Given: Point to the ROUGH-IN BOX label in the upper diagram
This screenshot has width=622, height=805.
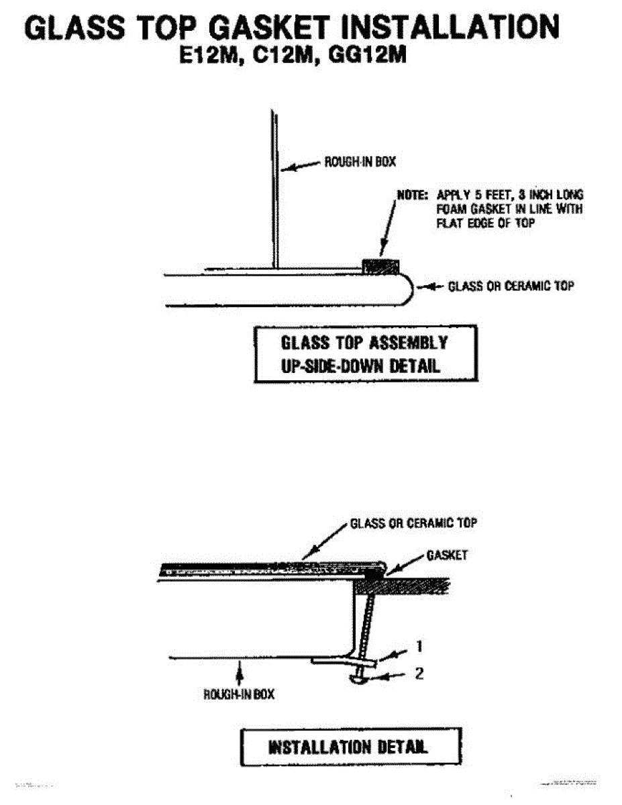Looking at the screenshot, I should tap(355, 162).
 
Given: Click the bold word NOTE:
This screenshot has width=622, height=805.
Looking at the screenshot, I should tap(412, 195).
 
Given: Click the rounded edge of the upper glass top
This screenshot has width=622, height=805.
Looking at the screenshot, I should tap(407, 288).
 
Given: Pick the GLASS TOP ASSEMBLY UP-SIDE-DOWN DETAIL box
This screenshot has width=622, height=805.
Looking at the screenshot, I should tap(366, 354).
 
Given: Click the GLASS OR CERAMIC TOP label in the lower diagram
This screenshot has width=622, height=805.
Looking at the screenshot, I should tap(413, 523).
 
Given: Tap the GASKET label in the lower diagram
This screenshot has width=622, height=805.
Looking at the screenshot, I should tap(447, 555).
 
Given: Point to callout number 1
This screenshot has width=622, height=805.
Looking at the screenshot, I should tap(419, 647).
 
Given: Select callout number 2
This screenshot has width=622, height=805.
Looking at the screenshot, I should tap(419, 674).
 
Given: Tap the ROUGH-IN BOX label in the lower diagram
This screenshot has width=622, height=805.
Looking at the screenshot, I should tap(239, 694).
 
